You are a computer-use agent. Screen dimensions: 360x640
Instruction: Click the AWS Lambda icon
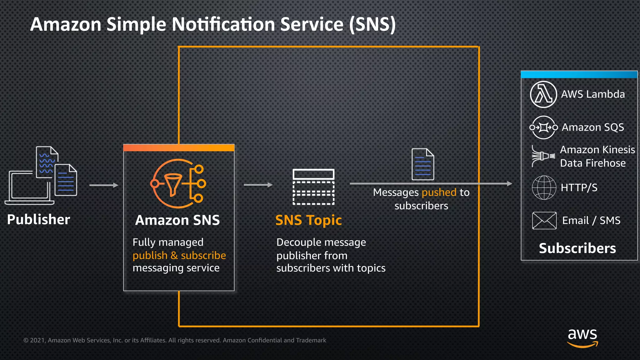pyautogui.click(x=543, y=94)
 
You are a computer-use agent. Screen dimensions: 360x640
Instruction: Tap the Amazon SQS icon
pyautogui.click(x=543, y=127)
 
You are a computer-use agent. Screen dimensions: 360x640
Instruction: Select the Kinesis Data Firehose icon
pyautogui.click(x=543, y=156)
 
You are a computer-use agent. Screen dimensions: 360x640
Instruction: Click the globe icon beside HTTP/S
pyautogui.click(x=544, y=187)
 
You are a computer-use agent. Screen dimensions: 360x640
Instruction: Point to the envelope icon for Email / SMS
pyautogui.click(x=544, y=220)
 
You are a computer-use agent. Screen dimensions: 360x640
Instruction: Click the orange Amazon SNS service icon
pyautogui.click(x=178, y=184)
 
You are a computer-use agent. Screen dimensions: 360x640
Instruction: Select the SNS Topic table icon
pyautogui.click(x=313, y=187)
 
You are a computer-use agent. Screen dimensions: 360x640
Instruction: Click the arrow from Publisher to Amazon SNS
pyautogui.click(x=104, y=185)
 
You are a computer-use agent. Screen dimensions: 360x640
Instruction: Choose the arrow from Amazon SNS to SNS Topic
pyautogui.click(x=258, y=185)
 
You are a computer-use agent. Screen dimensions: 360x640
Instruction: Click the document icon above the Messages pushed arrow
pyautogui.click(x=423, y=164)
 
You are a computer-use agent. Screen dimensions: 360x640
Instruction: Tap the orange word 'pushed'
pyautogui.click(x=439, y=192)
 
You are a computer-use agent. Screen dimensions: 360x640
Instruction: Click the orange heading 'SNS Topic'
pyautogui.click(x=308, y=220)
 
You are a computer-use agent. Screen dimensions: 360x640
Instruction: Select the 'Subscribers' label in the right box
pyautogui.click(x=577, y=248)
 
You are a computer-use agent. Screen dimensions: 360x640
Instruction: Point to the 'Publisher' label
pyautogui.click(x=38, y=219)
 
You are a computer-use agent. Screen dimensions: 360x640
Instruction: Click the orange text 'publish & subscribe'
pyautogui.click(x=179, y=256)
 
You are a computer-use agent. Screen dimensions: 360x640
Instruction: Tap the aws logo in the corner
pyautogui.click(x=582, y=337)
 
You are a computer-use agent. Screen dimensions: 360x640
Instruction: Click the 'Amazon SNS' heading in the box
pyautogui.click(x=177, y=220)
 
